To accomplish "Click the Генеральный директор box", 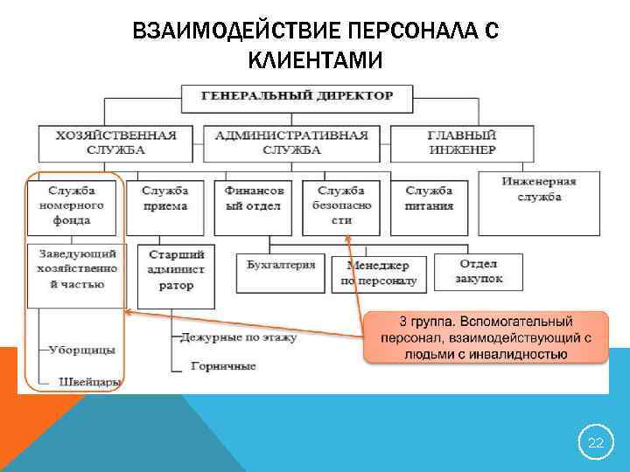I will coord(297,96).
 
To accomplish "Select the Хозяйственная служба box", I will coord(115,142).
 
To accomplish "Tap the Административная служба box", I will coord(291,142).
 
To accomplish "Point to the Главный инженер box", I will coord(461,142).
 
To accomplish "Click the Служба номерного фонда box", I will coord(76,206).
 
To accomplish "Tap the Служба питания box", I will coord(430,199).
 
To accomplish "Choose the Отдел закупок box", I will coord(479,271).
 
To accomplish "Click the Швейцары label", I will coord(89,382).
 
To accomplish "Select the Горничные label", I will coord(224,366).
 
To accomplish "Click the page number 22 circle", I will coord(595,443).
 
